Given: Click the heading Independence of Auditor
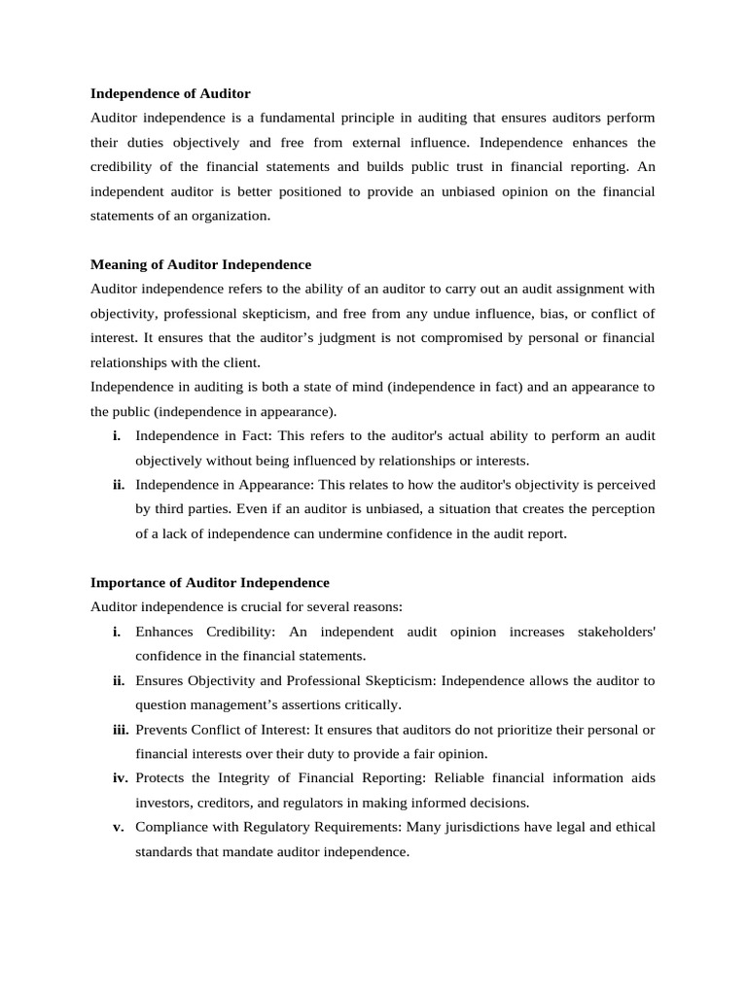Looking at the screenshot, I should click(170, 94).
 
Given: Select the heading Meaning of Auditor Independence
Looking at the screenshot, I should click(200, 264).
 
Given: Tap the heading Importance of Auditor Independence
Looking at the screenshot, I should click(209, 583).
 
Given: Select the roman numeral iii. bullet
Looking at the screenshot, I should click(121, 730).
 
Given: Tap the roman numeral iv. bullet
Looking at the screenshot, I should click(121, 778).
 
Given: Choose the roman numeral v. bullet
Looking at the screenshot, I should click(118, 827).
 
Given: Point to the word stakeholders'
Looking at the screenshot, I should click(615, 633).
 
